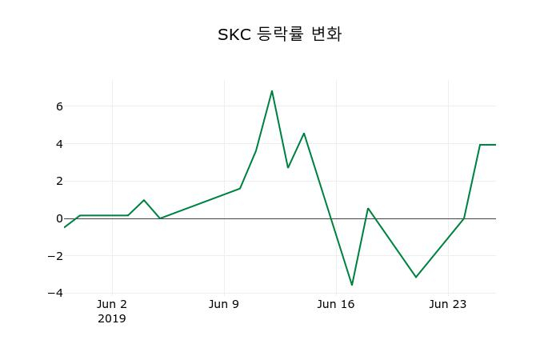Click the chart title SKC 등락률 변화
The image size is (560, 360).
coord(279,34)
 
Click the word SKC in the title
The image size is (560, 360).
coord(234,34)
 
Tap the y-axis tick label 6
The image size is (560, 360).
coord(59,106)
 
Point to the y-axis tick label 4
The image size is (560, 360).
coord(59,144)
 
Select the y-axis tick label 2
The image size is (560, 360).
coord(59,181)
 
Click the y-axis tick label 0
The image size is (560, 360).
coord(59,218)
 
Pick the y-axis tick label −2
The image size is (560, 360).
coord(55,256)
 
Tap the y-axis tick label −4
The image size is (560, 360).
coord(55,293)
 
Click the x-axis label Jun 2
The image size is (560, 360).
coord(112,304)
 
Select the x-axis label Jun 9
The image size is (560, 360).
coord(224,304)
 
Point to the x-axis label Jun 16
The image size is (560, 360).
coord(336,304)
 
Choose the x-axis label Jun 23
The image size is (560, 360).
coord(448,304)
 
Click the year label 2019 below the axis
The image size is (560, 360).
coord(112,318)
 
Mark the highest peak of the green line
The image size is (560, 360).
coord(272,90)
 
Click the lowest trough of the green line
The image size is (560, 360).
coord(352,285)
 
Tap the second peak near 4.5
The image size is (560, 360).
coord(304,133)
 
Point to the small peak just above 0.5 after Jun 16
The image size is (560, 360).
coord(368,208)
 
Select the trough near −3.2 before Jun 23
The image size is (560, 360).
coord(416,277)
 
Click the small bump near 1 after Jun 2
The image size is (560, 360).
coord(144,200)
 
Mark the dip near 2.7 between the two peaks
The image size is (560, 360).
coord(288,167)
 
